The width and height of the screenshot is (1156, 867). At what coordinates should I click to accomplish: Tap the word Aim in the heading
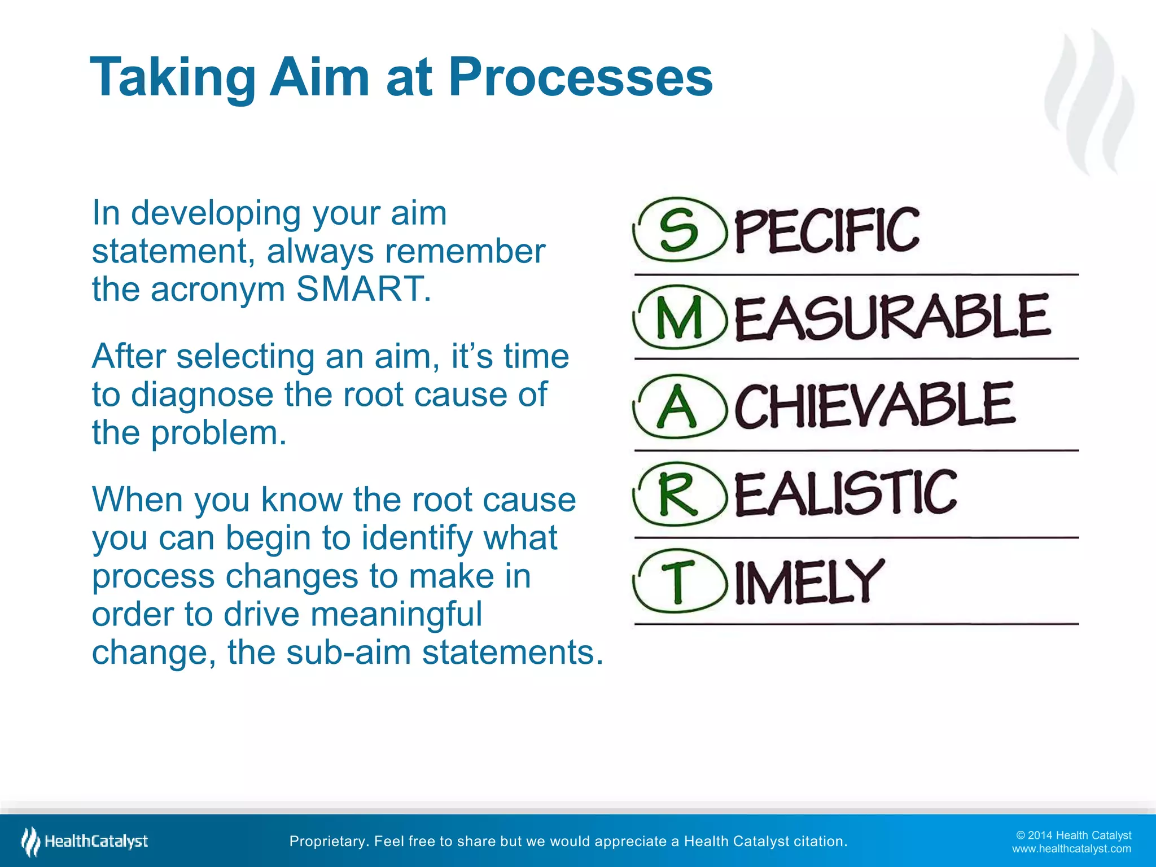[x=319, y=77]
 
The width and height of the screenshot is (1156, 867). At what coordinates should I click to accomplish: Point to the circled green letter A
[x=677, y=406]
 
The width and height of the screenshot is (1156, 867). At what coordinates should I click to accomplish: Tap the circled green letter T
[x=677, y=581]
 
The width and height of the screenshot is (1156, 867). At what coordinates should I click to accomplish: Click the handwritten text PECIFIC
[x=826, y=230]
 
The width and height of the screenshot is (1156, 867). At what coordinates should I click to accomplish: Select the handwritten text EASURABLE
[x=892, y=318]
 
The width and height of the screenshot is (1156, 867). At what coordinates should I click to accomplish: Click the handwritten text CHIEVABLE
[x=874, y=405]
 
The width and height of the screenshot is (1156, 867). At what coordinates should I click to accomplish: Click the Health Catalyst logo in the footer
[x=85, y=842]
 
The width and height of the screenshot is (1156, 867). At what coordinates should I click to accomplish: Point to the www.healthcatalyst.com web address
[x=1071, y=849]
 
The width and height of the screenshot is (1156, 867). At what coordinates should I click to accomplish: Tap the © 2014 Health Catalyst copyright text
[x=1074, y=835]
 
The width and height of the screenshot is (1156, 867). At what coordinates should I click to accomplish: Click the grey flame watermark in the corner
[x=1089, y=102]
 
